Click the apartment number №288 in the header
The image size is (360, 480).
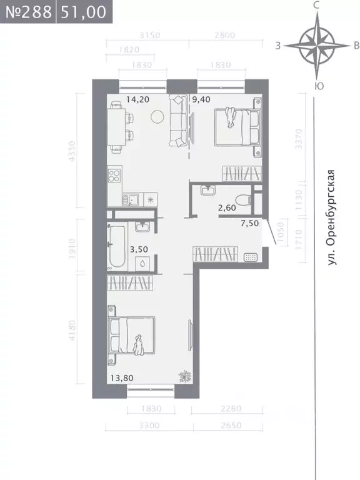point(27,12)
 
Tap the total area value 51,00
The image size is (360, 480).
point(80,12)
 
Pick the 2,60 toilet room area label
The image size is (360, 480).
point(227,209)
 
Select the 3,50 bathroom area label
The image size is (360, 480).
point(138,249)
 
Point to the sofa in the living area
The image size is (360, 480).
point(177,121)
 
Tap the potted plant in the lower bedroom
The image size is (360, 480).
point(185,376)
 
